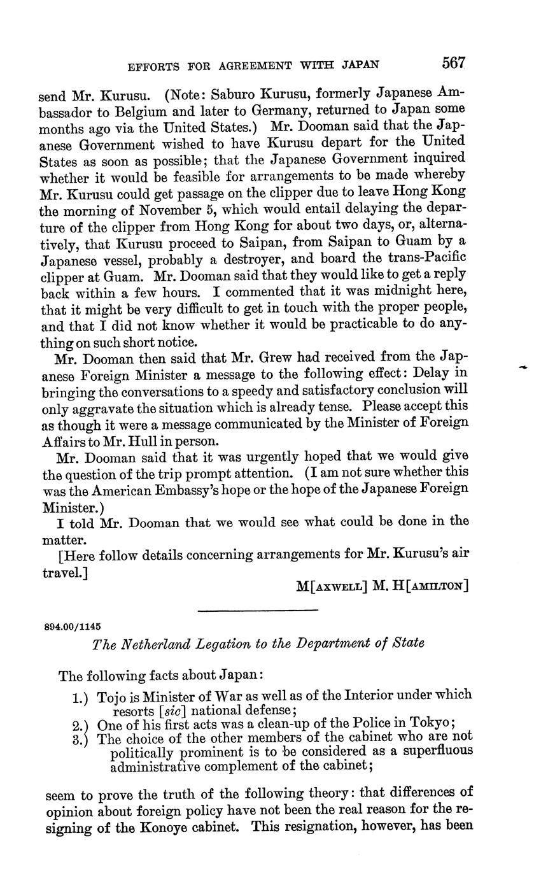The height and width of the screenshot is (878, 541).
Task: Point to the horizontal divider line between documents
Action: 257,611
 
